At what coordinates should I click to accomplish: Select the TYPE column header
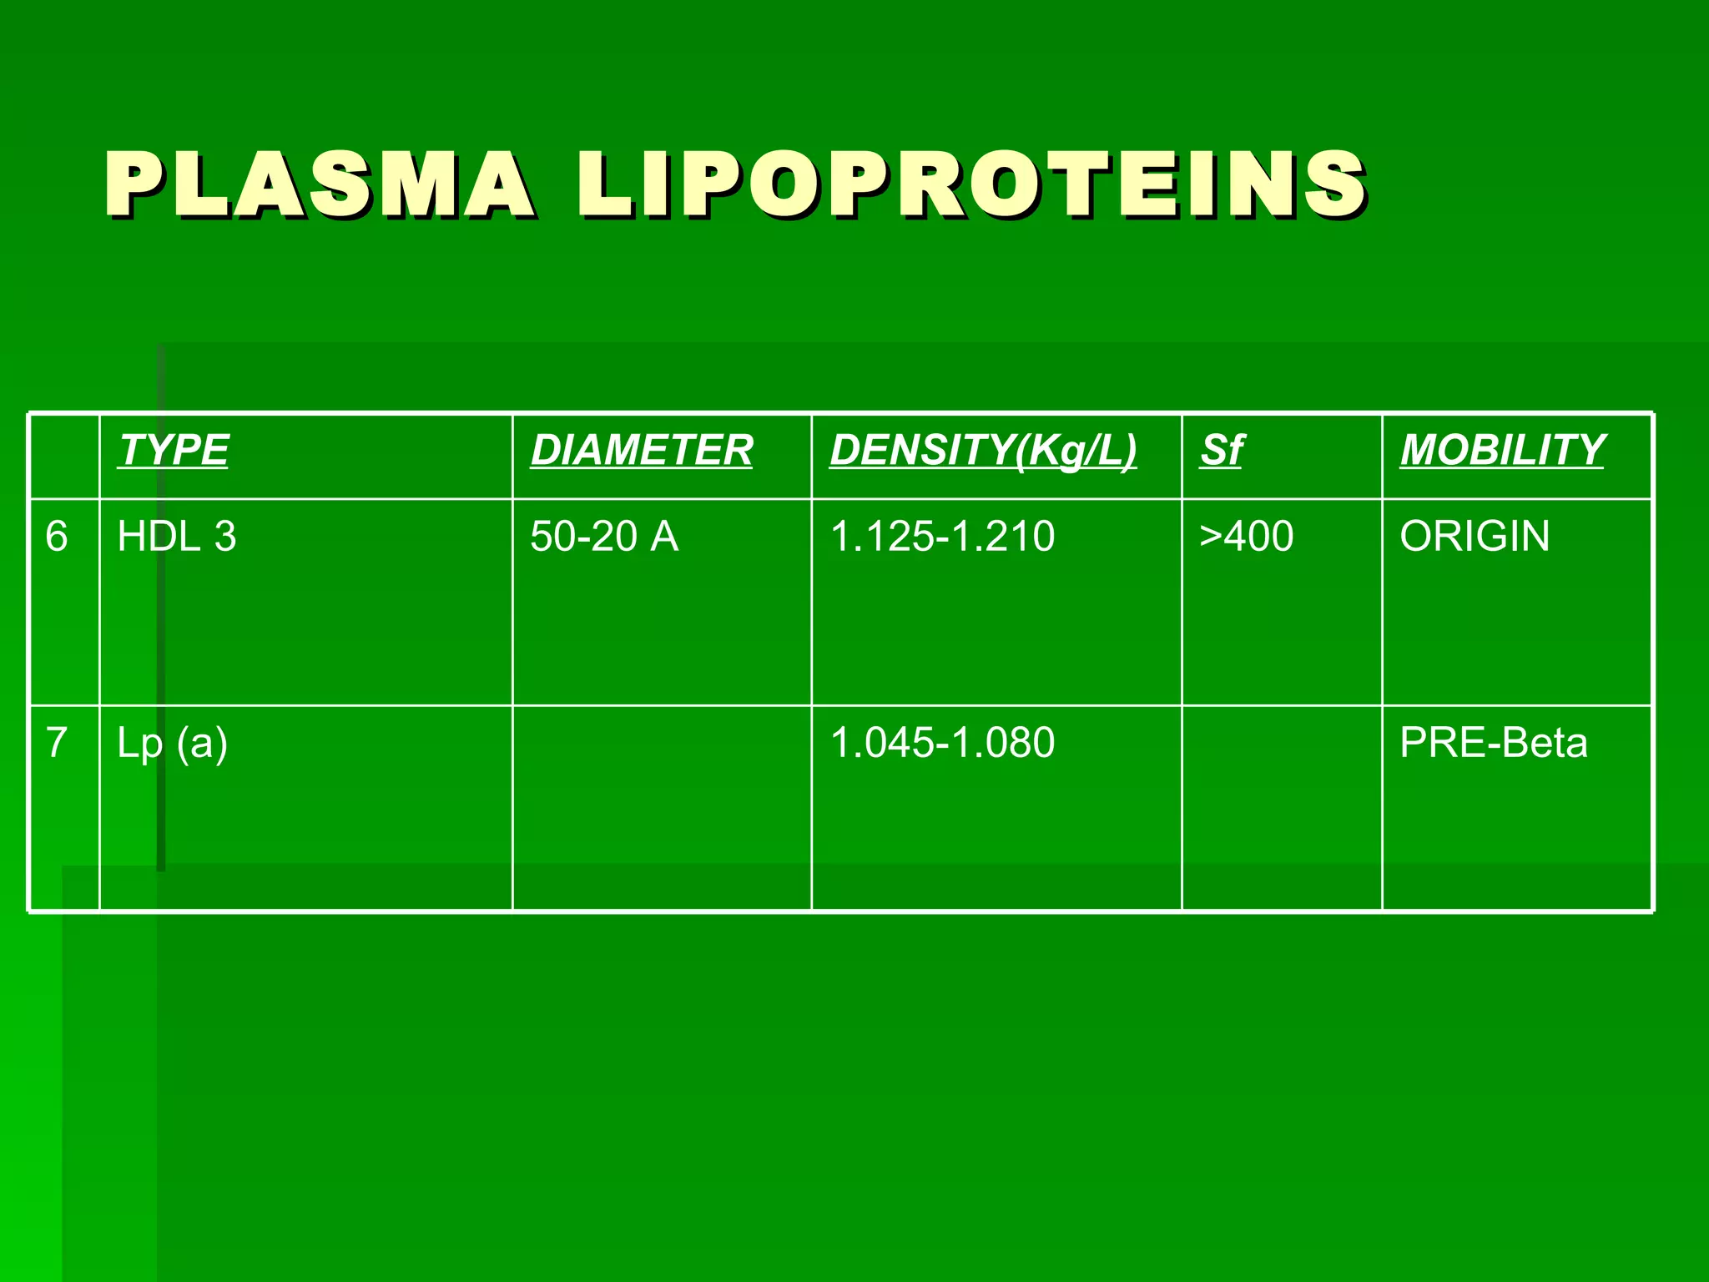coord(174,451)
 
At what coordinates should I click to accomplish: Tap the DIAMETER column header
coord(642,451)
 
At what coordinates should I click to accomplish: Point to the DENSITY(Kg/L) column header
coord(983,451)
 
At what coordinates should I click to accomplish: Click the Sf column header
coord(1222,451)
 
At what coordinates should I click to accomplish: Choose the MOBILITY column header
coord(1502,451)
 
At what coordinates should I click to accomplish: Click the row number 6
coord(57,536)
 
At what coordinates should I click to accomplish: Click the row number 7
coord(57,742)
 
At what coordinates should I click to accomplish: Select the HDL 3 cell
coord(177,536)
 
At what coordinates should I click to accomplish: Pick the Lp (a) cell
coord(172,743)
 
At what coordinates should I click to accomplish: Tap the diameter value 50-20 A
coord(604,536)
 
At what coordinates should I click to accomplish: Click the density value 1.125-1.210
coord(942,536)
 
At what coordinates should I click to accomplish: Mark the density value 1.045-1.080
coord(942,742)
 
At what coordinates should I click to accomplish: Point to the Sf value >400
coord(1247,536)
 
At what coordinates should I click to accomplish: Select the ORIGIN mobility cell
coord(1475,536)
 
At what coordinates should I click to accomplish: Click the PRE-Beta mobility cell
coord(1493,742)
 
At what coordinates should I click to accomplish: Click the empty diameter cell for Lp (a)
coord(662,807)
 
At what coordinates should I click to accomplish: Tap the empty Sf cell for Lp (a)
coord(1282,807)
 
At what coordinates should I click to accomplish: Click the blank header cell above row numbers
coord(64,457)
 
